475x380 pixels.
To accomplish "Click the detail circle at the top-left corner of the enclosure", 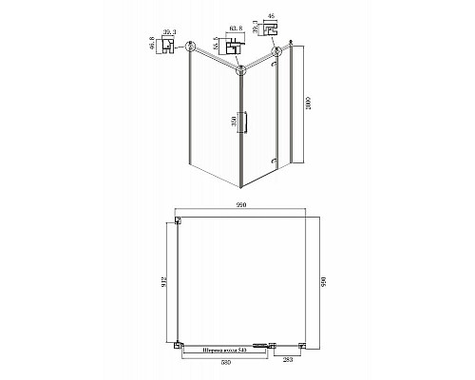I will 191,47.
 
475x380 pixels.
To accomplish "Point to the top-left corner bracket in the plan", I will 179,221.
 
